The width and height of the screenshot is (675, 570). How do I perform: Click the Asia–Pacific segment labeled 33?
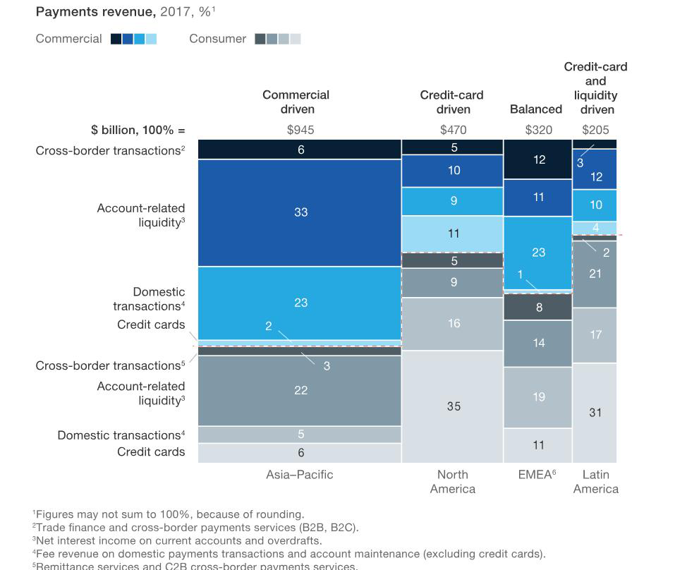point(300,212)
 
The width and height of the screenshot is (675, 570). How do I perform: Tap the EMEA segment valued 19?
point(538,397)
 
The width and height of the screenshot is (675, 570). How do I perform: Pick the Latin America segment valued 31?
point(595,413)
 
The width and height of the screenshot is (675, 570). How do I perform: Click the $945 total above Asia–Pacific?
point(300,130)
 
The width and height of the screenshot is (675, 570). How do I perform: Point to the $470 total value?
point(453,130)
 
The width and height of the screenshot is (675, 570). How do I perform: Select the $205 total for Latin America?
point(595,130)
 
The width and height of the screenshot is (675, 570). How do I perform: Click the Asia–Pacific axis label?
point(299,475)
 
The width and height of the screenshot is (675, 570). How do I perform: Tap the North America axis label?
point(452,482)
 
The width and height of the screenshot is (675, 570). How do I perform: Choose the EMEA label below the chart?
point(536,475)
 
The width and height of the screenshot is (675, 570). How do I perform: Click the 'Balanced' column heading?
point(536,109)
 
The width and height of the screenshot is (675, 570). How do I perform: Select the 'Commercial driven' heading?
point(296,102)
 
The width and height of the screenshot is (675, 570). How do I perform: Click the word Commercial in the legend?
point(68,39)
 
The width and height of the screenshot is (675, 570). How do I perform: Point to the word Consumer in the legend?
point(217,39)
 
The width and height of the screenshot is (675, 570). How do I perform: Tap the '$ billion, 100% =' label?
point(138,130)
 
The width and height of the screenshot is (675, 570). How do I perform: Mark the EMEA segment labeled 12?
point(539,160)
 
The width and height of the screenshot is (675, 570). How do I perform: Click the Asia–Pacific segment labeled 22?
point(300,390)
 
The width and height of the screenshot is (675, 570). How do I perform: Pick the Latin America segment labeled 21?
point(595,274)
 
